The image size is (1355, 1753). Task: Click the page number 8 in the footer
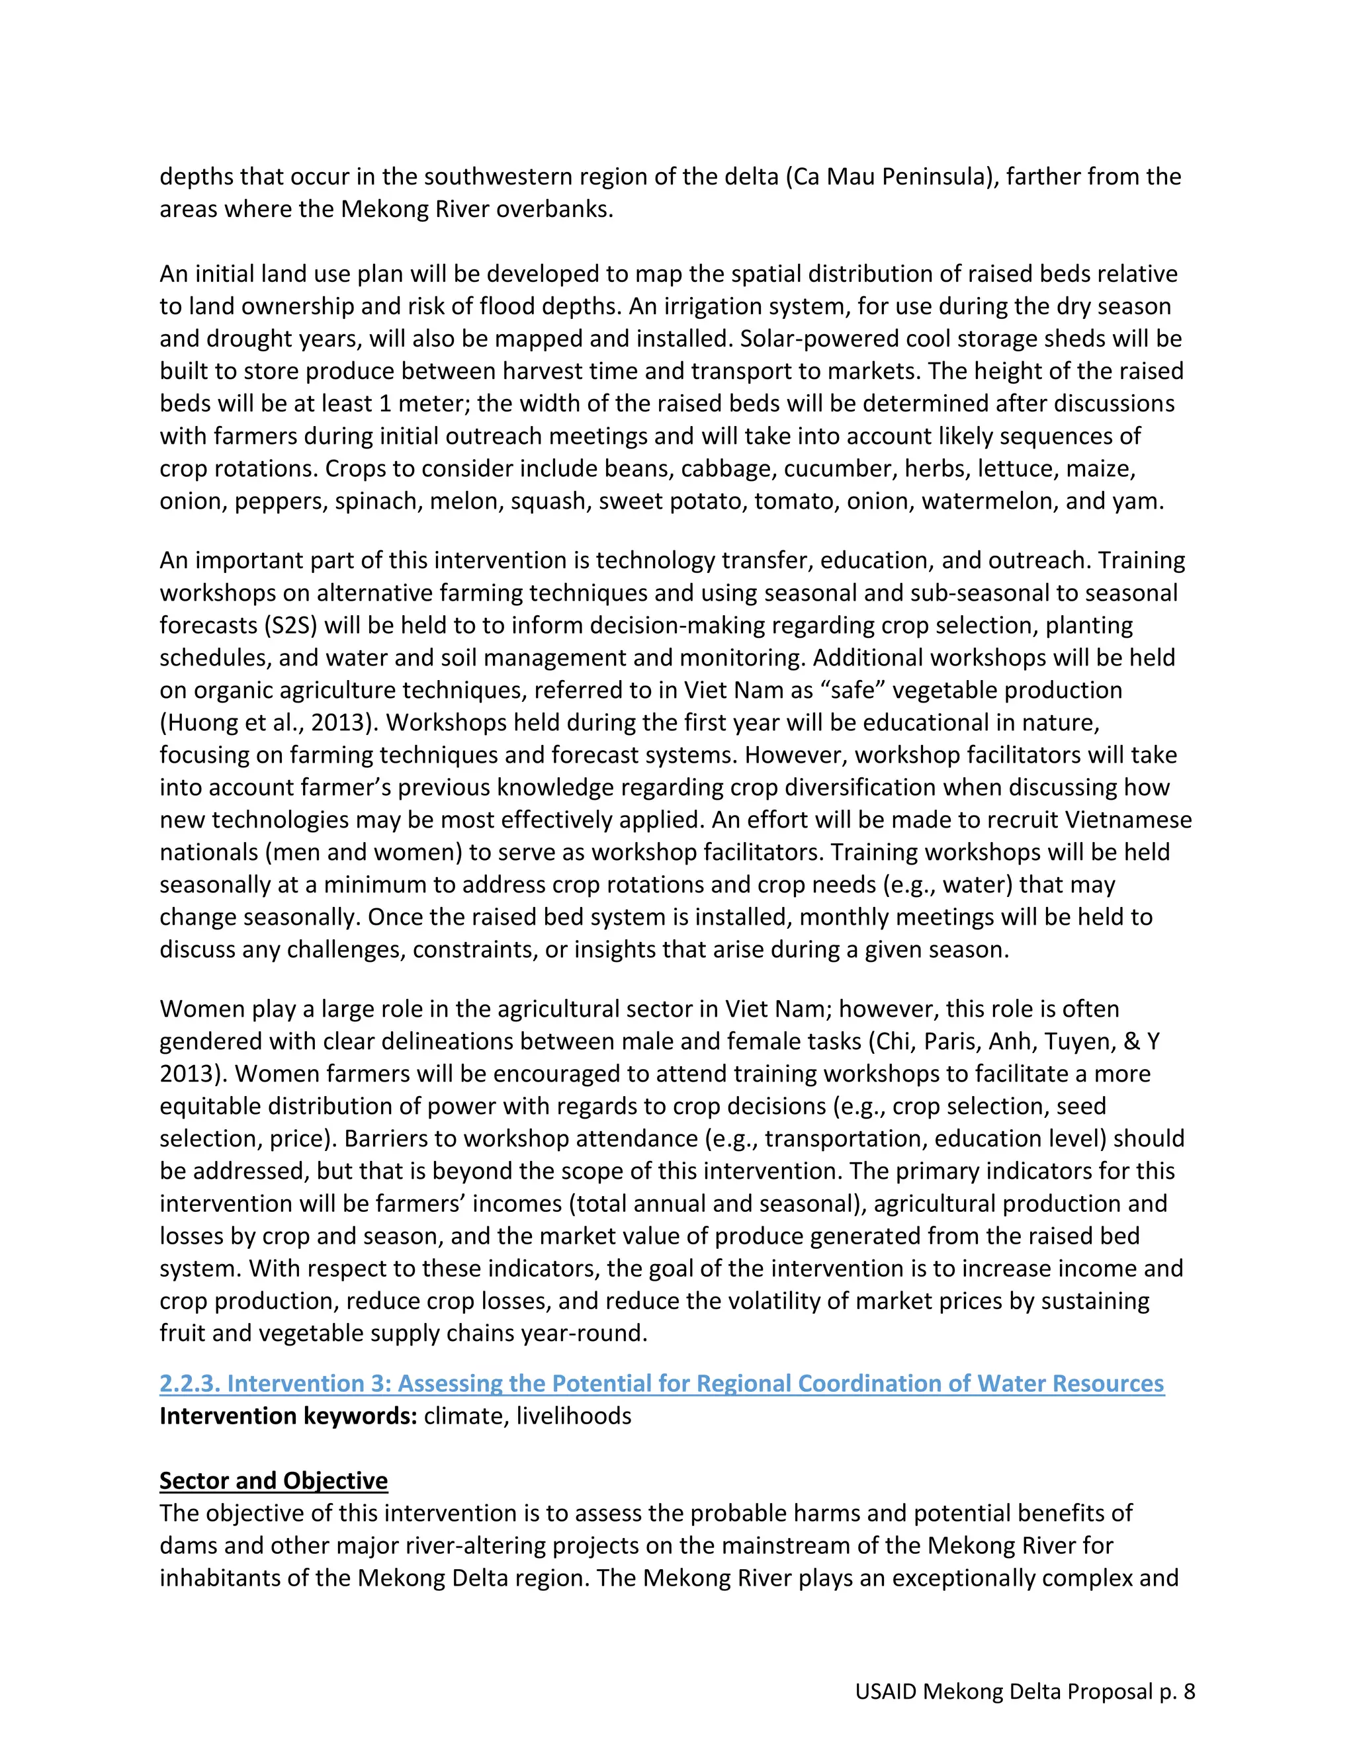[1189, 1692]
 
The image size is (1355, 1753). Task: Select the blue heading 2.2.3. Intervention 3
[662, 1383]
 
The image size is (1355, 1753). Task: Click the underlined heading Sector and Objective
[273, 1480]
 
